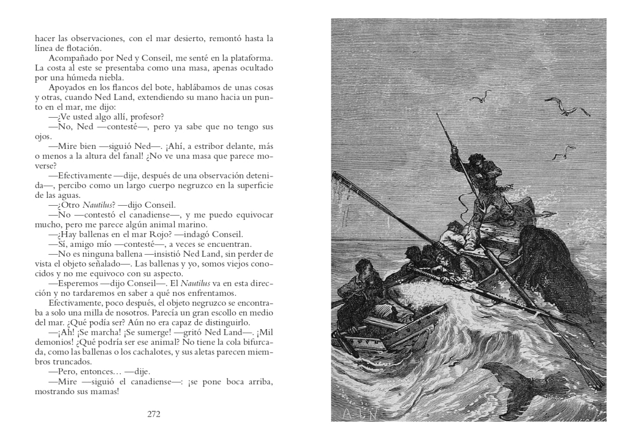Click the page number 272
(x=154, y=414)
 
